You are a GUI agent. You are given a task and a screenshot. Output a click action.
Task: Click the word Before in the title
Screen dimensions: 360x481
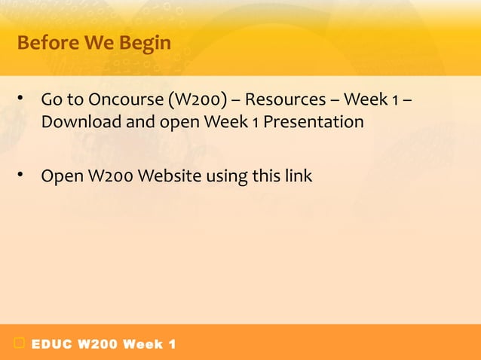point(44,44)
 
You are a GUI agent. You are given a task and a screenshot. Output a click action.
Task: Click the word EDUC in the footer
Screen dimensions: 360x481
point(51,345)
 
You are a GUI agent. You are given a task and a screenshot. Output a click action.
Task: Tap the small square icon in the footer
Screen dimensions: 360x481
point(19,344)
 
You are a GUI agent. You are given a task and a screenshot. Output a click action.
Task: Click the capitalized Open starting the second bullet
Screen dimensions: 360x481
point(57,176)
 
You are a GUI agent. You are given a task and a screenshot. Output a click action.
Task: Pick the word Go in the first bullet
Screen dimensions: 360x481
point(51,100)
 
